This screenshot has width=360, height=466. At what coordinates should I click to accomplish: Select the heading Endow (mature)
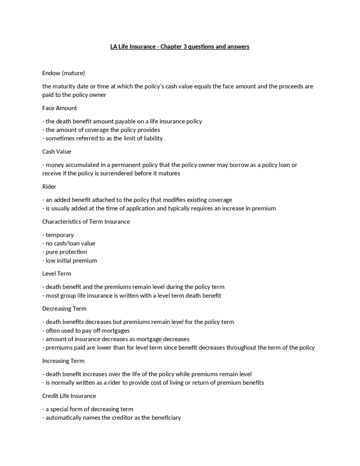point(64,73)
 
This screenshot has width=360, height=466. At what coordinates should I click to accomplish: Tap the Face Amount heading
point(60,108)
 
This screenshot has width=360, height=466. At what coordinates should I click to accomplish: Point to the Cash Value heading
point(57,152)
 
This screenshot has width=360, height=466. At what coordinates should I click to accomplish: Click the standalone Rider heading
point(49,187)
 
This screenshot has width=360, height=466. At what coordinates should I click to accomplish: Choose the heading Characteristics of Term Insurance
point(86,222)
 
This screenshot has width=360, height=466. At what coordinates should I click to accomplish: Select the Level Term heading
point(57,274)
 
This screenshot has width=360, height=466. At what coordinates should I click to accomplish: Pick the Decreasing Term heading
point(64,309)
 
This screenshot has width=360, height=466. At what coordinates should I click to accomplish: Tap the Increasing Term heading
point(63,361)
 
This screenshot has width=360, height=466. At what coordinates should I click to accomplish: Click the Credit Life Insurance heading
point(69,396)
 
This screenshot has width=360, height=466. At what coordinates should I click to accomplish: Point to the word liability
point(153,138)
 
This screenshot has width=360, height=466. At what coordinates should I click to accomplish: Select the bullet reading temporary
point(60,235)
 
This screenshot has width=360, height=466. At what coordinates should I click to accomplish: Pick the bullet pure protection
point(66,252)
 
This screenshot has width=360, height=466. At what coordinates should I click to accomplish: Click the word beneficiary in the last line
point(166,418)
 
